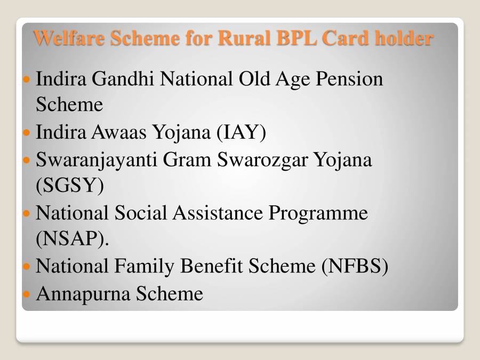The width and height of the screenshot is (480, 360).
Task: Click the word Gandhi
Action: click(124, 79)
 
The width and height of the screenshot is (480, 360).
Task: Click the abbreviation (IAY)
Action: click(241, 132)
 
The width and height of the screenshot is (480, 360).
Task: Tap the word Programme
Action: click(318, 213)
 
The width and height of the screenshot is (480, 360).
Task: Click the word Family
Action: click(143, 266)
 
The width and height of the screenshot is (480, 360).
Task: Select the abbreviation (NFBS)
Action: click(355, 266)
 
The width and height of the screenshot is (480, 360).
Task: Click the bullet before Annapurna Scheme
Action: click(28, 294)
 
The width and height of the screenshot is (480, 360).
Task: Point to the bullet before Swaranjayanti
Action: click(28, 160)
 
